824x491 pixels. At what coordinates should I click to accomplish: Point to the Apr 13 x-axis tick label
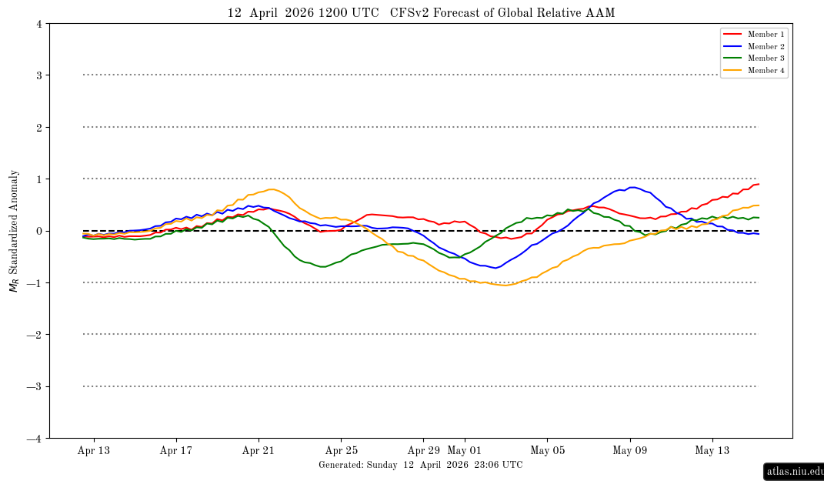[94, 451]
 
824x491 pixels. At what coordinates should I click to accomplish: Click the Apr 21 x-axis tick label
[259, 451]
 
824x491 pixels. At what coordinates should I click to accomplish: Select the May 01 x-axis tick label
[465, 451]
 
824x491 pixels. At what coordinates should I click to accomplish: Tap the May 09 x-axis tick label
[630, 451]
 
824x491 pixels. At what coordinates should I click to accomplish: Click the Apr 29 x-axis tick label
[423, 451]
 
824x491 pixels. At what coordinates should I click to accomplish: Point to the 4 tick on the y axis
[38, 24]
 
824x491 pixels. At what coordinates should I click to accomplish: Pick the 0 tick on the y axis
[38, 231]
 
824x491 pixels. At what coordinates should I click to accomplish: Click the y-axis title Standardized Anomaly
[13, 231]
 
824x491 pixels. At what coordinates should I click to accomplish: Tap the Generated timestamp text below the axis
[420, 465]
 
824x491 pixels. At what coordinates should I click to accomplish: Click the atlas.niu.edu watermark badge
[795, 471]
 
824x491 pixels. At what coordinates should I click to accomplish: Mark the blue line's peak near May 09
[632, 187]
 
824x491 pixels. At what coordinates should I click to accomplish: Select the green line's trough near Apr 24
[322, 267]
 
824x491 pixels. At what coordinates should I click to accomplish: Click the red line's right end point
[759, 184]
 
